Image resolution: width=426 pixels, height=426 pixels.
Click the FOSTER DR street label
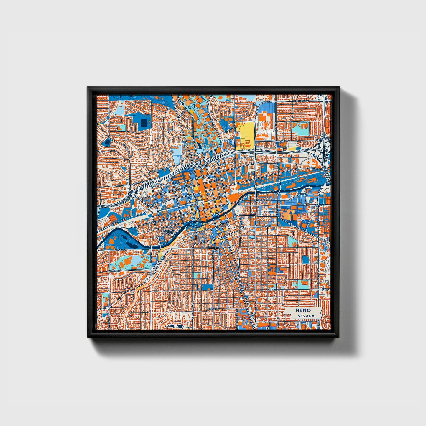coord(114,270)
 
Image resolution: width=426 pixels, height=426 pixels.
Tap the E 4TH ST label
coord(311,168)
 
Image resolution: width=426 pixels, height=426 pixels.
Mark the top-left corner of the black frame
coord(88,87)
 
